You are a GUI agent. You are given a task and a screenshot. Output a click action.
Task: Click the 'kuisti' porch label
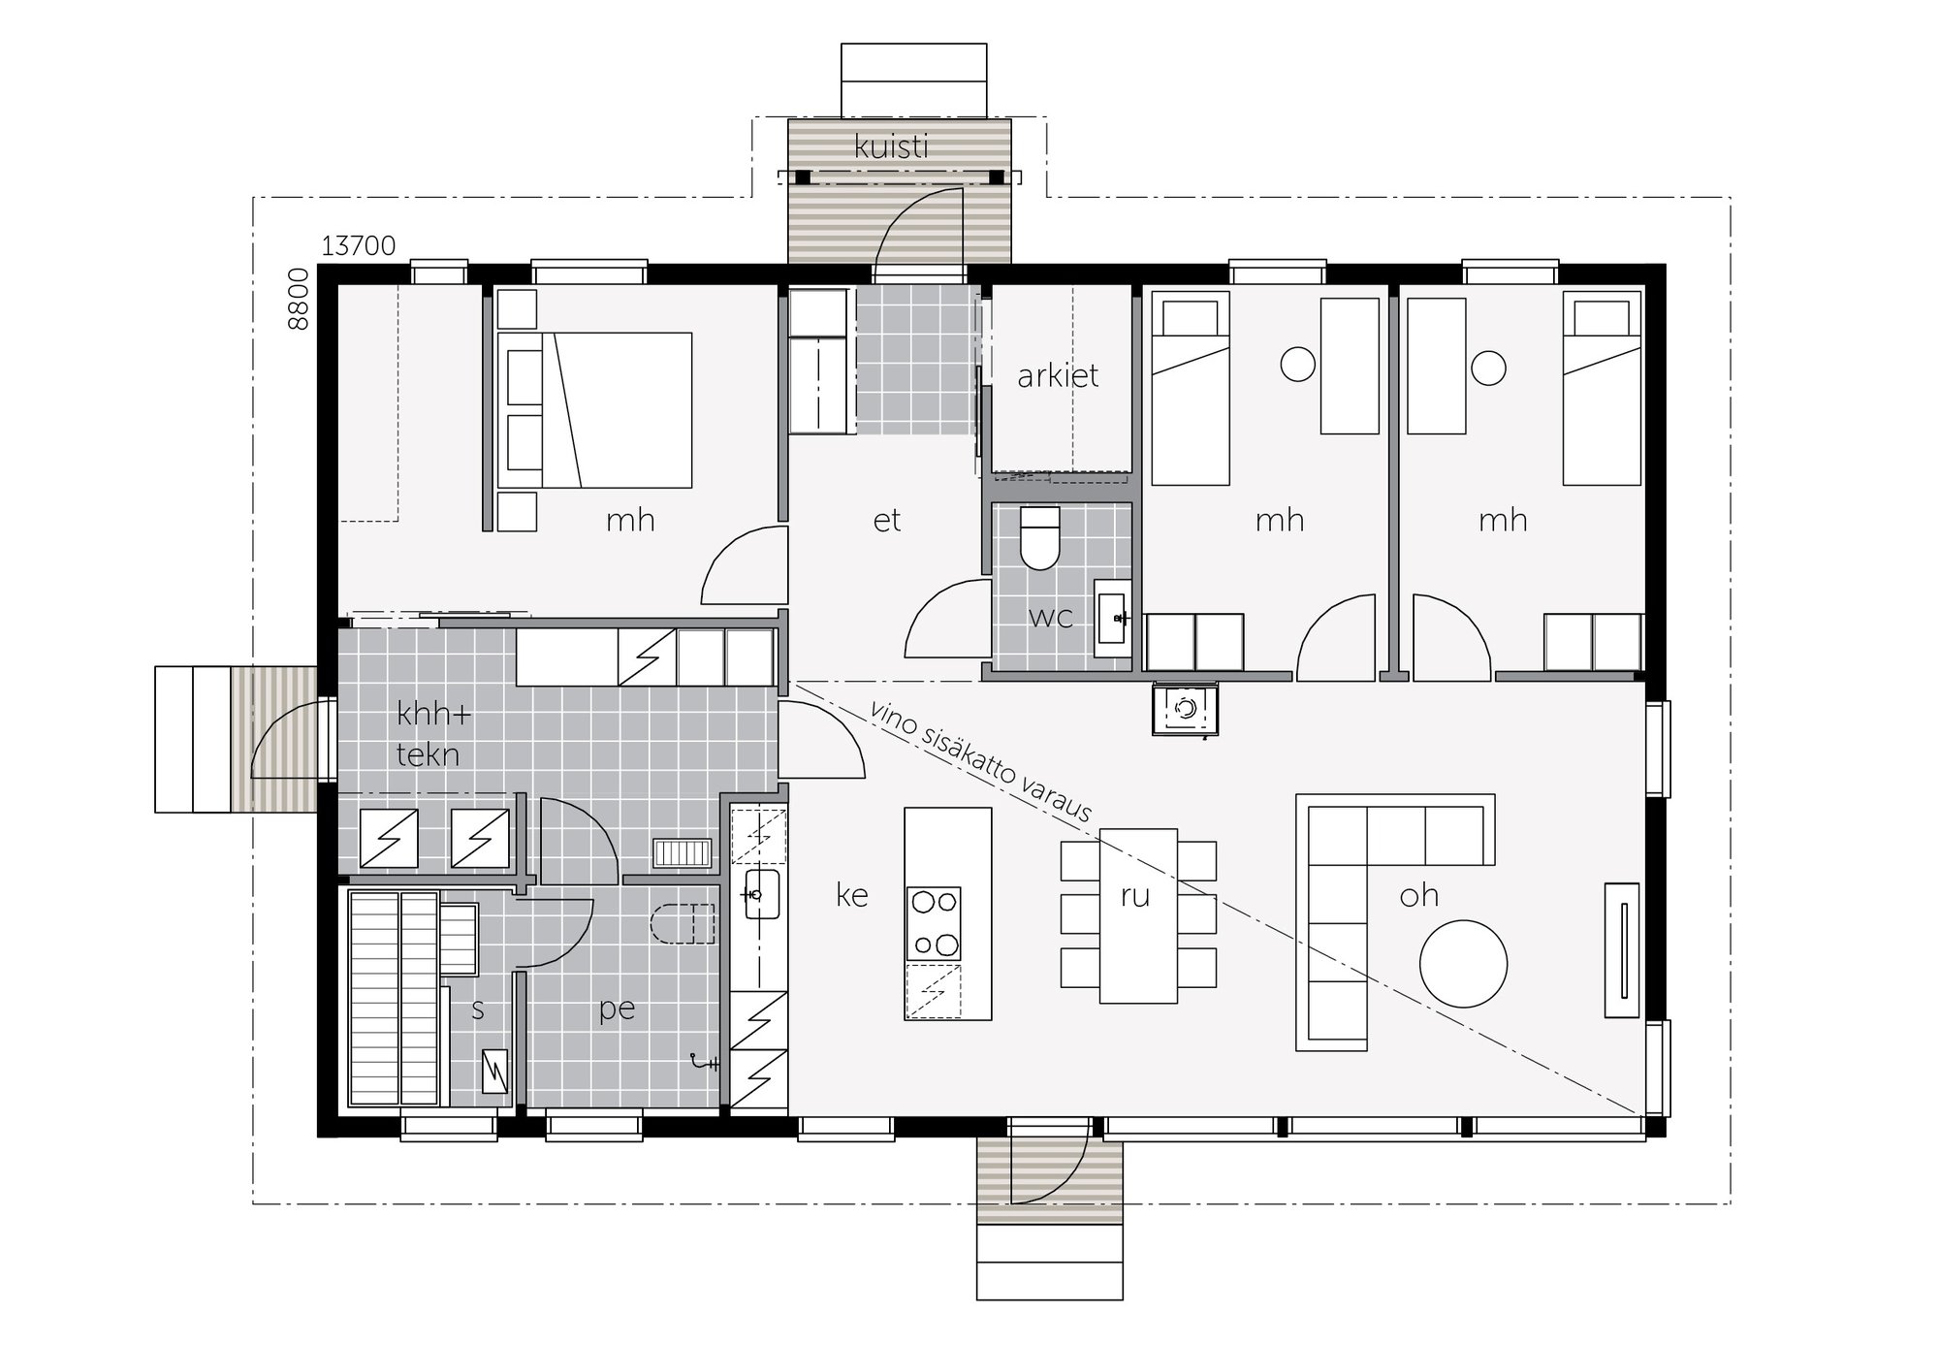pos(891,147)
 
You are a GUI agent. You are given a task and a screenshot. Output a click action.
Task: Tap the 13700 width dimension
pos(358,246)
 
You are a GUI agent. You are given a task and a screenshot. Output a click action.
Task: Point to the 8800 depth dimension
pos(300,300)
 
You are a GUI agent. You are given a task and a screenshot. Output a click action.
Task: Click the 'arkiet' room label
pos(1057,375)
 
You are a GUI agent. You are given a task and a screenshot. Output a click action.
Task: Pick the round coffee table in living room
pos(1463,964)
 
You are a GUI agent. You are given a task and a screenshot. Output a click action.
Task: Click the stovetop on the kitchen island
pos(933,923)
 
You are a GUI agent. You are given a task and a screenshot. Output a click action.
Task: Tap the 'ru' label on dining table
pos(1134,896)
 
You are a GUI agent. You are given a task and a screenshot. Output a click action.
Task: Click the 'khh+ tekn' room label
pos(430,734)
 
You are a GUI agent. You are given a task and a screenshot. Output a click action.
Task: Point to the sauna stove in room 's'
pos(494,1072)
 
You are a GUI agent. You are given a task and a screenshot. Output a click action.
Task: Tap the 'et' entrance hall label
pos(886,521)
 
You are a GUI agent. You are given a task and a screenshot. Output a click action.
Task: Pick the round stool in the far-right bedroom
pos(1488,368)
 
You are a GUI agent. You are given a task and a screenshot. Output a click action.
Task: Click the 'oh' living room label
pos(1418,895)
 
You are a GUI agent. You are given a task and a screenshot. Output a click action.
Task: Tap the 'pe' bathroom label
pos(617,1010)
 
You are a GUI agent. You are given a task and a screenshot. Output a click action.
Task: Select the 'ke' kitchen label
pos(851,895)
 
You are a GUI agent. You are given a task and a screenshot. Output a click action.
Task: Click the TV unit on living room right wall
pos(1621,949)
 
